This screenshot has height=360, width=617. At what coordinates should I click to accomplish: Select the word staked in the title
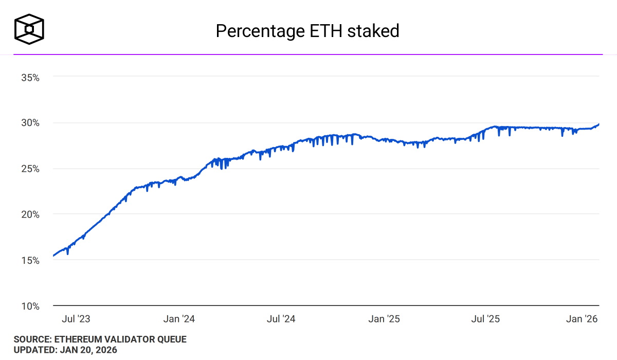tap(373, 31)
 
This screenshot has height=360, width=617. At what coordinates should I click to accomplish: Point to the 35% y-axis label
tap(30, 77)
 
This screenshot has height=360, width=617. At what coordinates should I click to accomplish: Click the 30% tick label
tap(30, 123)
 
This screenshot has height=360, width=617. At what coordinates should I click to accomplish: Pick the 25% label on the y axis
tap(30, 169)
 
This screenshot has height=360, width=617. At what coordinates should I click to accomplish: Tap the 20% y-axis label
tap(30, 214)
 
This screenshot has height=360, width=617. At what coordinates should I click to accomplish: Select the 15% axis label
tap(30, 260)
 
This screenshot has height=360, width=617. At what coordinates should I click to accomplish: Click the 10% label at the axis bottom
tap(30, 306)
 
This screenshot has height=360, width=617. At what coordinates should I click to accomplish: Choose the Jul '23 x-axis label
tap(76, 319)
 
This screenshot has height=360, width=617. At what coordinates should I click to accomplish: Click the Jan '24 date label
tap(179, 319)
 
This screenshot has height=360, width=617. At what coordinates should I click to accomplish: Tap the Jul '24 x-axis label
tap(281, 319)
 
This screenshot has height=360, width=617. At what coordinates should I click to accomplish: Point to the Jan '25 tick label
tap(384, 319)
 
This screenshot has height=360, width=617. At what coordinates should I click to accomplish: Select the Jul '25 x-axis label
tap(486, 319)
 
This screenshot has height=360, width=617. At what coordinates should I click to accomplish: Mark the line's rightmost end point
tap(599, 124)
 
